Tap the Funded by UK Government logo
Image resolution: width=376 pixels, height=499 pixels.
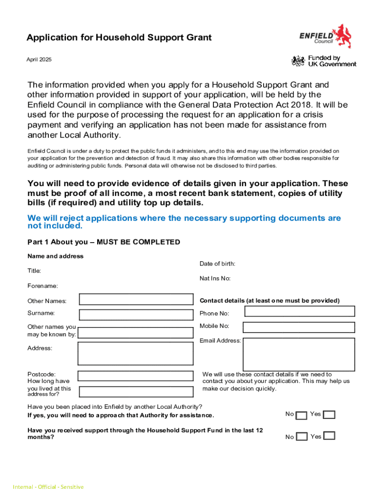[x=324, y=61]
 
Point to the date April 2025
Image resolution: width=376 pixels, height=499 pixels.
[x=39, y=59]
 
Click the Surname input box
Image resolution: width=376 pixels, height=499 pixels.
[x=136, y=314]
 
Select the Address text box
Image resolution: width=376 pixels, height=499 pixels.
[x=136, y=353]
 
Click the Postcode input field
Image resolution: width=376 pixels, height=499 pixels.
[x=136, y=376]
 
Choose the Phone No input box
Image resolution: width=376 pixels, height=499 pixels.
[x=299, y=311]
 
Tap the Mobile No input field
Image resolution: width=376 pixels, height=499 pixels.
[x=299, y=327]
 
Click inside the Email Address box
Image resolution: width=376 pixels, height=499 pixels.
[x=299, y=354]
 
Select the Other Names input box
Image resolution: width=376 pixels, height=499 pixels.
[x=136, y=300]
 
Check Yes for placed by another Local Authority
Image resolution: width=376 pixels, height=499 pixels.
[x=330, y=415]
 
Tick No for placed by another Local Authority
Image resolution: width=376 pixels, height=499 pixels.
[x=302, y=415]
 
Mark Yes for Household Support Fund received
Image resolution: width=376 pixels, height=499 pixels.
[x=330, y=436]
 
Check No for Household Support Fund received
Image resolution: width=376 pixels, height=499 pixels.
[x=302, y=437]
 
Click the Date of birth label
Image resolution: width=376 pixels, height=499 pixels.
[x=217, y=264]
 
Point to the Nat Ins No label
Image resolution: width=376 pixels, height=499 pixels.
[x=215, y=279]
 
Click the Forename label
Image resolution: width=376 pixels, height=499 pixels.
[x=42, y=286]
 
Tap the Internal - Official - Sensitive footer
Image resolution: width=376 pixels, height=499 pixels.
[x=48, y=487]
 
